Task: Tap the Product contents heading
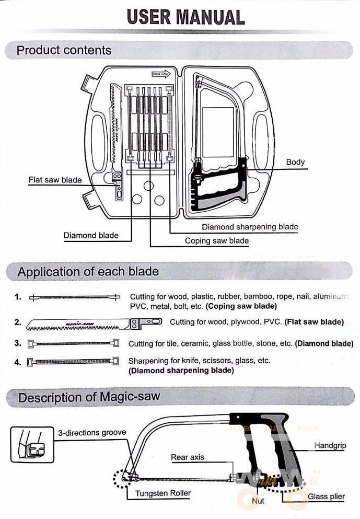click(x=64, y=51)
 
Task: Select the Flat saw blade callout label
click(x=55, y=180)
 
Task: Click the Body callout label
click(x=295, y=162)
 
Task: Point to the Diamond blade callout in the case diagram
click(x=91, y=236)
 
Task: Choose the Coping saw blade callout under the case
click(x=216, y=241)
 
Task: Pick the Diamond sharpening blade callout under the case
click(x=250, y=227)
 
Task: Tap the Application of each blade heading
click(x=88, y=272)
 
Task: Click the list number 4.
click(x=18, y=361)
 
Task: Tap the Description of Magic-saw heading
click(x=89, y=397)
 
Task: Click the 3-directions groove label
click(x=91, y=433)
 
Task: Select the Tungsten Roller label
click(x=163, y=493)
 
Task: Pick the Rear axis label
click(x=188, y=457)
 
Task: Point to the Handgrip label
click(x=330, y=446)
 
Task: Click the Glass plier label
click(x=326, y=497)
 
